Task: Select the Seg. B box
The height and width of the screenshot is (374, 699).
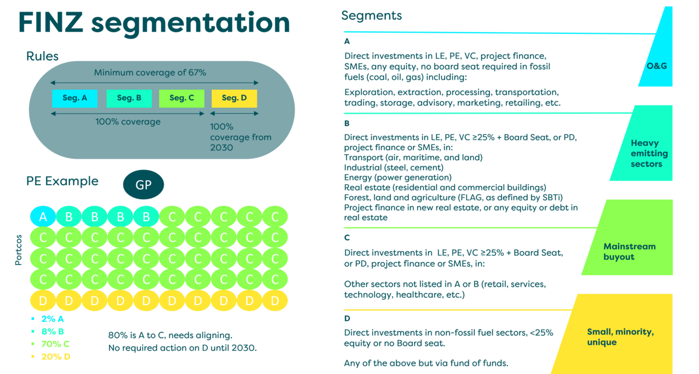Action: pyautogui.click(x=129, y=98)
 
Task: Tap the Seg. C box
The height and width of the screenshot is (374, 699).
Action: pyautogui.click(x=182, y=98)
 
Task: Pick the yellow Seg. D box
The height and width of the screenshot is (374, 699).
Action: pyautogui.click(x=234, y=98)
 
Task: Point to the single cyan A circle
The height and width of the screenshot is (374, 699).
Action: pyautogui.click(x=43, y=217)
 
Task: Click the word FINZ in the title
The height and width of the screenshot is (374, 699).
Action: pyautogui.click(x=50, y=23)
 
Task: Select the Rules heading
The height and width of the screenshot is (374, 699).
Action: pyautogui.click(x=43, y=57)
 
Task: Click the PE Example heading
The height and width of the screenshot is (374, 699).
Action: pyautogui.click(x=62, y=181)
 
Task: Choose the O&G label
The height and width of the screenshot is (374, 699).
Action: pyautogui.click(x=656, y=65)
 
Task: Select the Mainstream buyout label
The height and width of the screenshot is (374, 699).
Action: pyautogui.click(x=629, y=251)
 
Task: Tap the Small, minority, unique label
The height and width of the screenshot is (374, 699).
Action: pyautogui.click(x=620, y=337)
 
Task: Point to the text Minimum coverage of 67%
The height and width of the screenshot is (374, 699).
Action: pyautogui.click(x=150, y=73)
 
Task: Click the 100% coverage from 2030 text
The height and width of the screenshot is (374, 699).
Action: pyautogui.click(x=233, y=137)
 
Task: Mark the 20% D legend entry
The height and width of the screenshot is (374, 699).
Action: pyautogui.click(x=56, y=356)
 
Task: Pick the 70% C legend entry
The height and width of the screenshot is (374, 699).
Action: pyautogui.click(x=56, y=344)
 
